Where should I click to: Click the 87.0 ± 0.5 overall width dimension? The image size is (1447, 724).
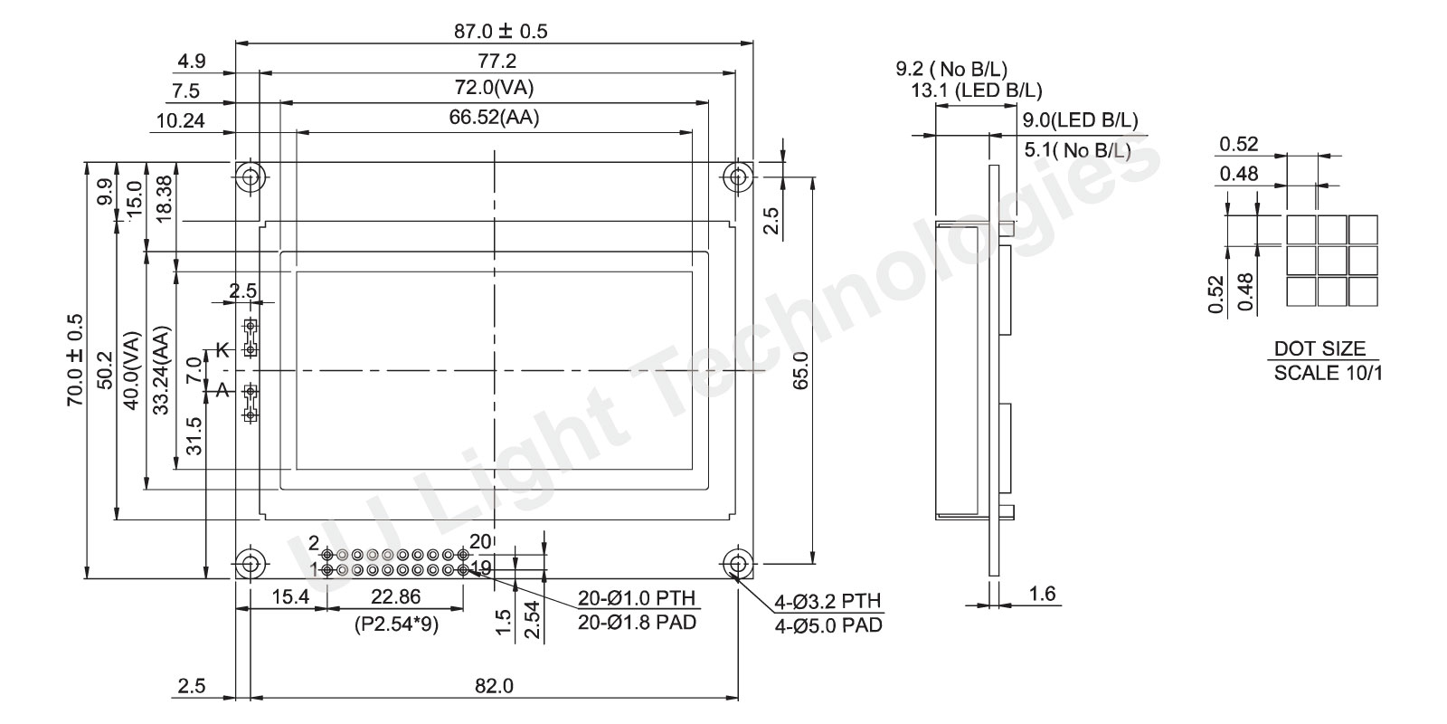click(501, 31)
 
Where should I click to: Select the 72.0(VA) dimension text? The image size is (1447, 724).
click(494, 87)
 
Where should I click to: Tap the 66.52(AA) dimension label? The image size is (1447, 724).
click(494, 117)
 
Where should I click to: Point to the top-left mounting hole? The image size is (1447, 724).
click(251, 176)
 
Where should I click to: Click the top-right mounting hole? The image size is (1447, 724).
click(738, 176)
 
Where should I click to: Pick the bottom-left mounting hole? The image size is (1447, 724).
click(251, 564)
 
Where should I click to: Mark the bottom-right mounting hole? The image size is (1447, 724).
click(738, 564)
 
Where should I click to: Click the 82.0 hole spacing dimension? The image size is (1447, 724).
click(494, 685)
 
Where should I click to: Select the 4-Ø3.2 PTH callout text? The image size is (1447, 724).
click(828, 601)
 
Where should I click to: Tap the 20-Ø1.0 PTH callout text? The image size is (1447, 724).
click(637, 598)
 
